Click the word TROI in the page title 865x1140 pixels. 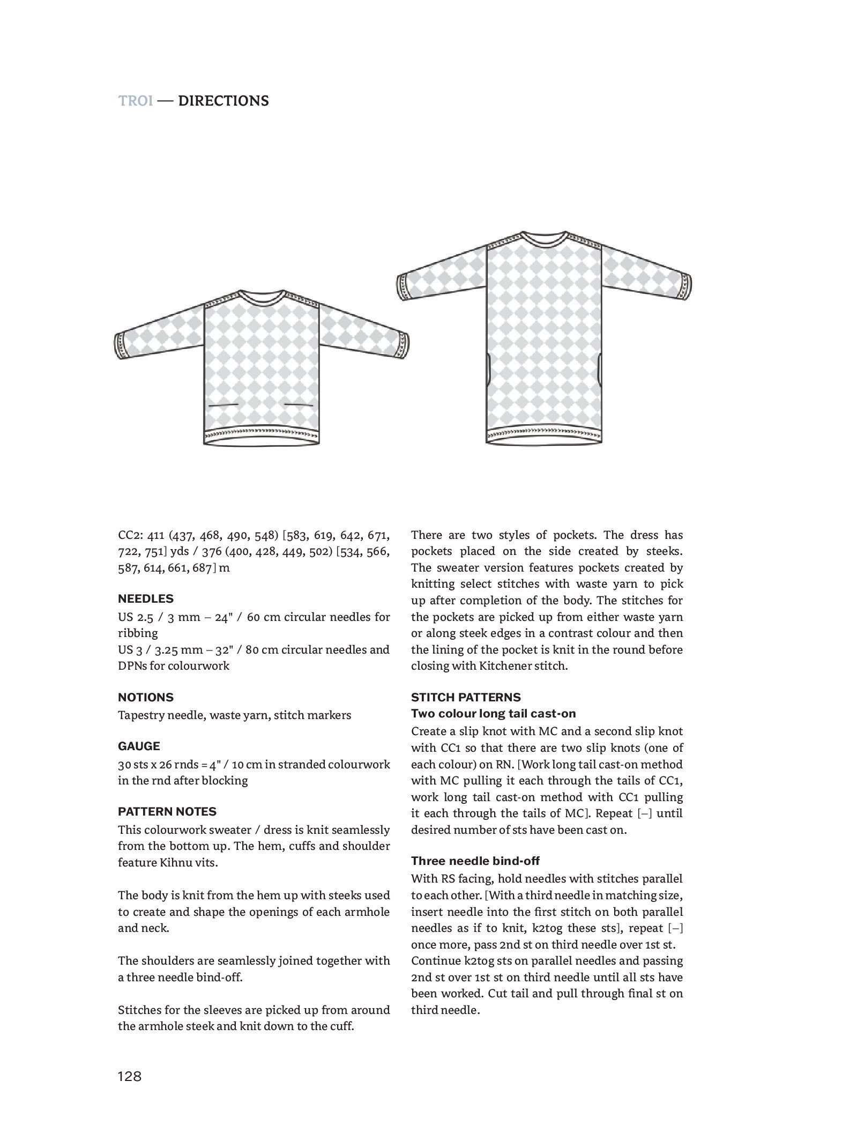[136, 101]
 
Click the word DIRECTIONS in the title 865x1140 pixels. [223, 101]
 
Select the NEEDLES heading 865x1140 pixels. [146, 599]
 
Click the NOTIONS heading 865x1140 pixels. [146, 697]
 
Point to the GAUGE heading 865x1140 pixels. [139, 746]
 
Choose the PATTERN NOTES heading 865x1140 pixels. [167, 811]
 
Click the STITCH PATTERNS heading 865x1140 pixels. [466, 697]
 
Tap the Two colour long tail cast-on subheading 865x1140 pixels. [493, 714]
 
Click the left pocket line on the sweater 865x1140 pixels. [223, 405]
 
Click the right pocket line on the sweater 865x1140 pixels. [299, 404]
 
